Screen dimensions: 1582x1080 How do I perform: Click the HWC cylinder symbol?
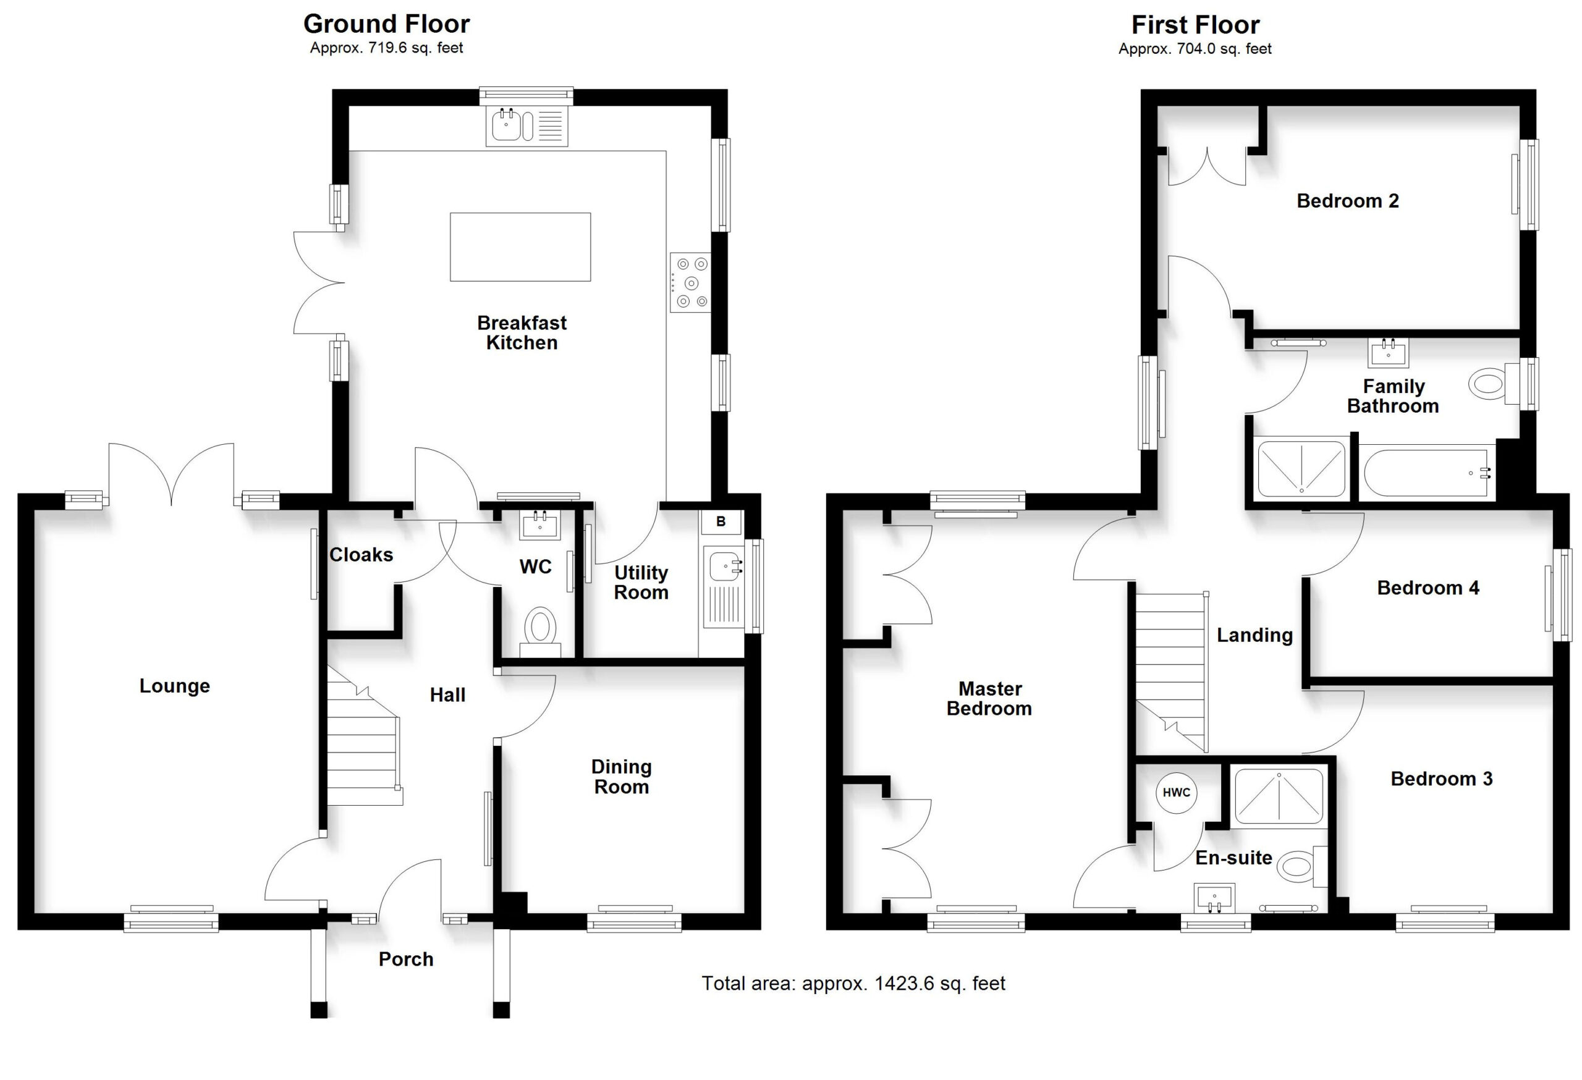click(1176, 792)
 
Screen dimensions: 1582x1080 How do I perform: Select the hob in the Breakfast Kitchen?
click(690, 282)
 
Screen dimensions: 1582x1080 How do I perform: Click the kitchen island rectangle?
click(520, 247)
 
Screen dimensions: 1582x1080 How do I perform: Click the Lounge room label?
click(175, 686)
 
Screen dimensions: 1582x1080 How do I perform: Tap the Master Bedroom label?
click(989, 699)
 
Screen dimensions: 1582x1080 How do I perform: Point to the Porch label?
click(406, 959)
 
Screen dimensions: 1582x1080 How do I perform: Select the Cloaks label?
click(362, 555)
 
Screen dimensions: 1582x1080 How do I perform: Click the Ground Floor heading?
click(386, 24)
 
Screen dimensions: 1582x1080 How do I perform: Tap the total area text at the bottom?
click(853, 984)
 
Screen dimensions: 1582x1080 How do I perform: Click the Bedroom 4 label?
click(1428, 588)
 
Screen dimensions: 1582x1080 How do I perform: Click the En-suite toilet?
click(1301, 867)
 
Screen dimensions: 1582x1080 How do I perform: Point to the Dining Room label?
click(622, 777)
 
